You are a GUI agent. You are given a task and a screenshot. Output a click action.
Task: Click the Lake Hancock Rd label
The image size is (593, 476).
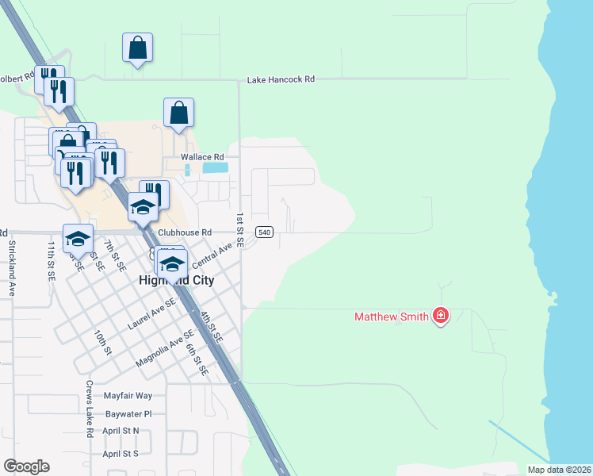tap(281, 79)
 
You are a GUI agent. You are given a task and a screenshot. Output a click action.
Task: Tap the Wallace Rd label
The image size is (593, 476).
tap(198, 157)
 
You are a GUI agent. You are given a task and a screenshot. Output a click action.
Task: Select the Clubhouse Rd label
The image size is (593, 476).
tap(186, 232)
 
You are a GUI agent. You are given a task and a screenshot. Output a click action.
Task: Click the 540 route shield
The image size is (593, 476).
tap(265, 232)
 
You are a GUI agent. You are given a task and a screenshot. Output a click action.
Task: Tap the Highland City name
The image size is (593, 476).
tap(176, 281)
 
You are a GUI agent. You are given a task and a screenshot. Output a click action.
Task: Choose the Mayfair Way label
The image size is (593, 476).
tap(127, 395)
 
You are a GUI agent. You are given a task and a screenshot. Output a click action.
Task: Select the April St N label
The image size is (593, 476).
tap(121, 431)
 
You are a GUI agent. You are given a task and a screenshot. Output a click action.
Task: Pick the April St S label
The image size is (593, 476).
tap(121, 453)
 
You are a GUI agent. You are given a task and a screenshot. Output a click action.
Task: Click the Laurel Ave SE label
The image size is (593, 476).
tap(151, 316)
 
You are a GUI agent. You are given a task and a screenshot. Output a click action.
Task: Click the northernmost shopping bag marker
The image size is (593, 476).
tap(138, 48)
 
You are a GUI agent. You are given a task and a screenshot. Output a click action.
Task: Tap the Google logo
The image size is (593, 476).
tap(26, 466)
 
